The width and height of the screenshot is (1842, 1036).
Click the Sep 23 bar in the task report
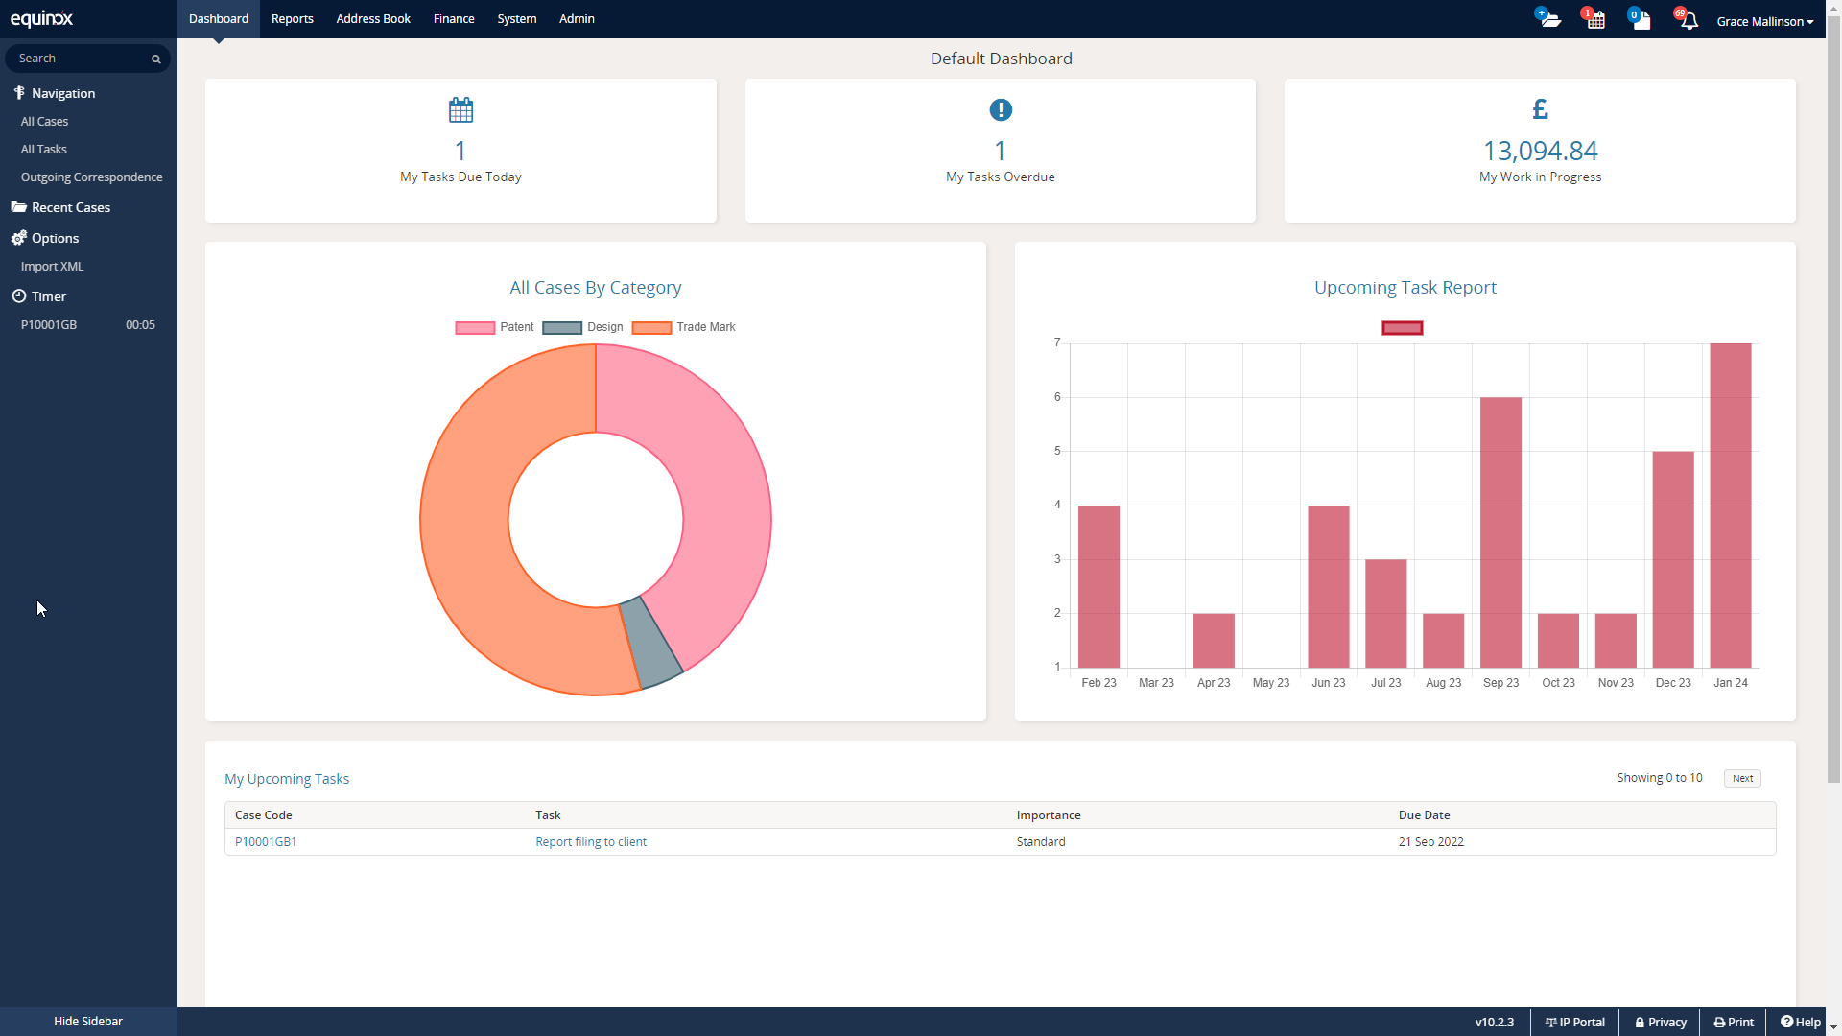pos(1500,532)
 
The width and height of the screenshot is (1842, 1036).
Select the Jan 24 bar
pos(1730,506)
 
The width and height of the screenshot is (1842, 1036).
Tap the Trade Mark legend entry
pos(684,327)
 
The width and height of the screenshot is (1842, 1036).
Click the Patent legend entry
pos(495,327)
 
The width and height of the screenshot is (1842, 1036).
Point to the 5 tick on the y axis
pos(1057,451)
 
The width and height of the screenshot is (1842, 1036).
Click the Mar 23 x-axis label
pos(1155,683)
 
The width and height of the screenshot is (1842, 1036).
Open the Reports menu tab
pos(292,19)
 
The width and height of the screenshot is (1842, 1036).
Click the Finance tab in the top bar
pos(453,19)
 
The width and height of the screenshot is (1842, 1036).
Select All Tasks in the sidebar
pos(44,150)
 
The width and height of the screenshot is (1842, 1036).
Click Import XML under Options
pos(52,267)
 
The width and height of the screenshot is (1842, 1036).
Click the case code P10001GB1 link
pos(266,842)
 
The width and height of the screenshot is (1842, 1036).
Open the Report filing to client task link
pos(591,842)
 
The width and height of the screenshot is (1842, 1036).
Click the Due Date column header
pos(1424,815)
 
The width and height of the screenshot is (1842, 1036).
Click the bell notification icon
pos(1688,20)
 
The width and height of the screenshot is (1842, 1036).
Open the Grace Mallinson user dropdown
pos(1764,21)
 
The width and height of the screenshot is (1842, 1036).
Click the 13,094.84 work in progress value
pos(1540,151)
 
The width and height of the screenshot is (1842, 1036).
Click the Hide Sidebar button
pos(88,1022)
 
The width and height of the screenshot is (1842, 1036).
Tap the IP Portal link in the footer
pos(1574,1023)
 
